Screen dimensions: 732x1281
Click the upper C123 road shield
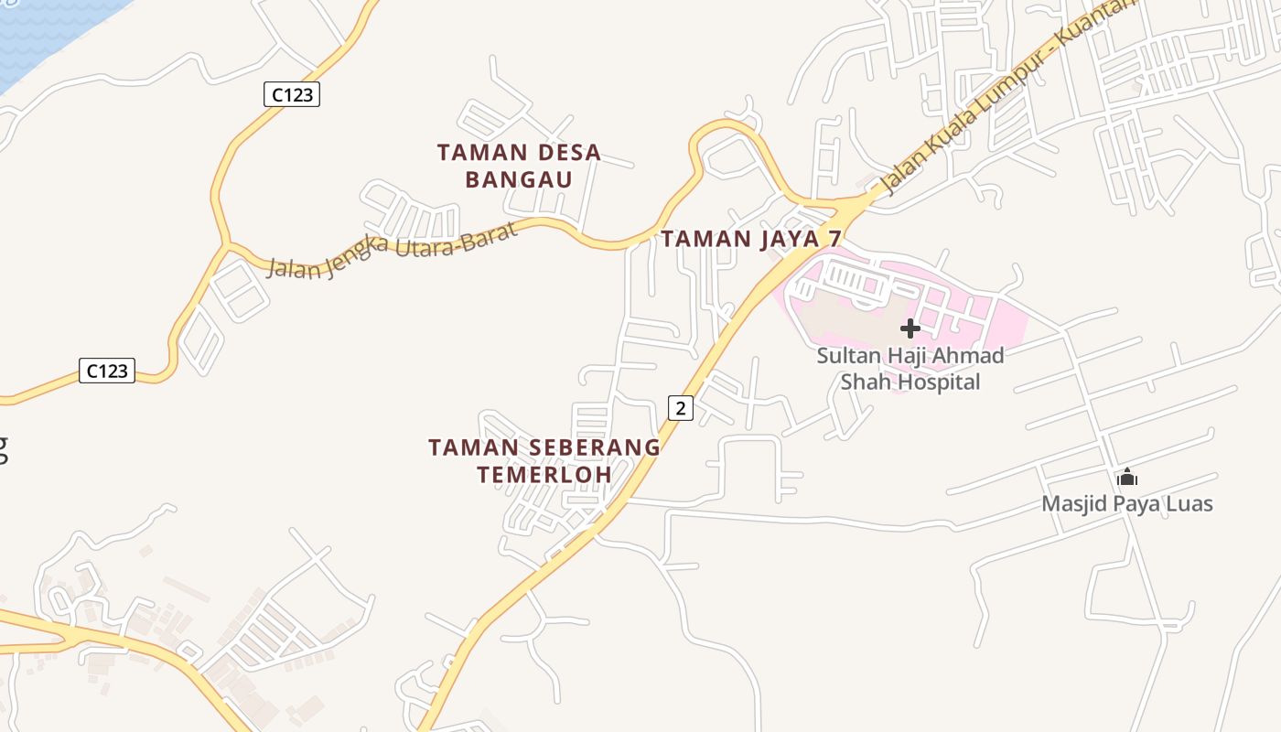coord(292,94)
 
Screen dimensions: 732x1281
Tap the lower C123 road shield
coord(106,371)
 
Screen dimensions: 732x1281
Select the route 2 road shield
coord(680,407)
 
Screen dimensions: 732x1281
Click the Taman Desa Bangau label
coord(519,166)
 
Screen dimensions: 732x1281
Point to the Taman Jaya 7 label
coord(750,239)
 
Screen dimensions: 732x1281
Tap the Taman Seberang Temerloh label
coord(544,461)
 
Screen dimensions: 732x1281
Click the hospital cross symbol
coord(910,328)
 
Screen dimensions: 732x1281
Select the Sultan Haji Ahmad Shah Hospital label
coord(910,369)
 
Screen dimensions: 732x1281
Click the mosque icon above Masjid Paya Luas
coord(1127,478)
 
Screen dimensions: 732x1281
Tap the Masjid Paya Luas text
coord(1127,503)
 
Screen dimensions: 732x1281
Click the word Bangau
coord(519,179)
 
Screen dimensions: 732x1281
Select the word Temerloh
coord(544,475)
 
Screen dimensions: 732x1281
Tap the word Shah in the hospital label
coord(865,382)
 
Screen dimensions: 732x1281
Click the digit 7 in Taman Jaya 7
coord(834,239)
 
